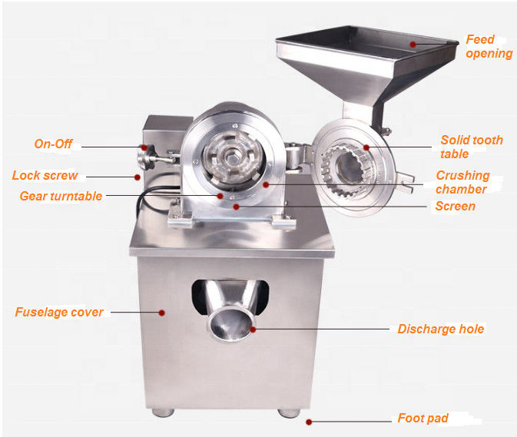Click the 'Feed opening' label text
[x=489, y=47]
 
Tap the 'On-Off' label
[x=53, y=144]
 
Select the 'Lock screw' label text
[x=45, y=175]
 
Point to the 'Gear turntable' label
[x=61, y=196]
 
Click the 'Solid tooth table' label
[x=472, y=147]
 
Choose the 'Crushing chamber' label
[x=462, y=182]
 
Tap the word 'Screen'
[x=455, y=206]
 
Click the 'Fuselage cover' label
[x=59, y=312]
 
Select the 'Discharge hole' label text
[x=440, y=329]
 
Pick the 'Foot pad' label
[x=423, y=418]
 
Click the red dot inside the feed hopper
[x=413, y=45]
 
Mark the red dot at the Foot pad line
[x=309, y=422]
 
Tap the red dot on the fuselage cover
[x=161, y=313]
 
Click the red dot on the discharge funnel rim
[x=253, y=329]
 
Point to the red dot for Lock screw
[x=138, y=177]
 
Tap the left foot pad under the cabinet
[x=163, y=412]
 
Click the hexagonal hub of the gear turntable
[x=234, y=159]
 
